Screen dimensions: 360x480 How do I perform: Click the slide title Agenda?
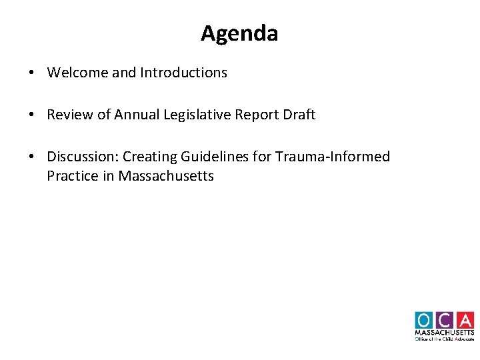pyautogui.click(x=239, y=33)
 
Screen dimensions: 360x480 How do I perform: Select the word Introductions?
pyautogui.click(x=183, y=73)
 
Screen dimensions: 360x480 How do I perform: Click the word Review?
pyautogui.click(x=70, y=115)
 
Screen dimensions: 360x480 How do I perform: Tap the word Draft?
pyautogui.click(x=299, y=115)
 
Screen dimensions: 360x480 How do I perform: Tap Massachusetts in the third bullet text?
pyautogui.click(x=166, y=176)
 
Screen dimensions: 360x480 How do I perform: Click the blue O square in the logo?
pyautogui.click(x=424, y=320)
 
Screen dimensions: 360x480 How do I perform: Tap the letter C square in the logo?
pyautogui.click(x=445, y=320)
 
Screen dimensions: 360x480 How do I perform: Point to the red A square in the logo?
pyautogui.click(x=465, y=320)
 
